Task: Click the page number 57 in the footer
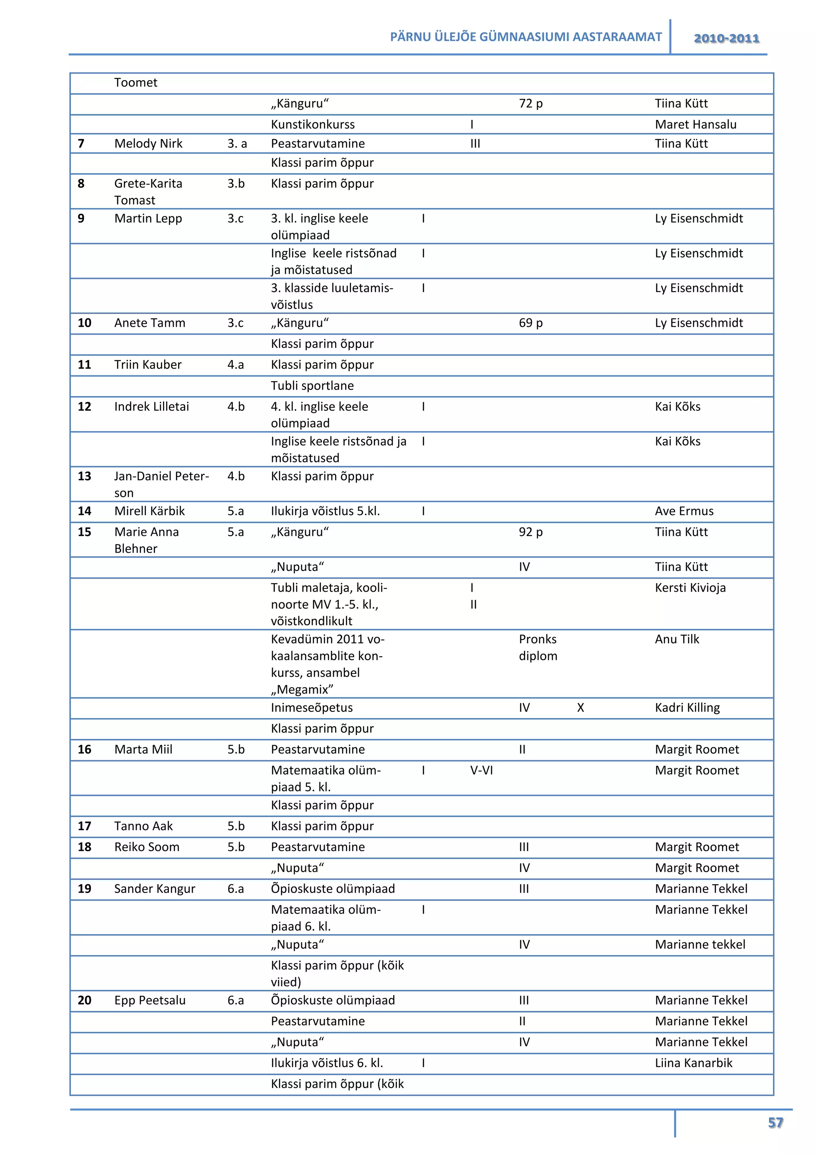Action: (x=775, y=1123)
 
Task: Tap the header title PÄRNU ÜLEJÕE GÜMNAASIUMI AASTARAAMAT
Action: (x=526, y=37)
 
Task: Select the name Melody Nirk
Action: (x=148, y=144)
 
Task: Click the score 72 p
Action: (x=531, y=104)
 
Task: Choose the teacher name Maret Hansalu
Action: (x=695, y=125)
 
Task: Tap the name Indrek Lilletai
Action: (x=151, y=406)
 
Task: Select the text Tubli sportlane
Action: (x=312, y=385)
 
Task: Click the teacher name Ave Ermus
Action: (x=684, y=511)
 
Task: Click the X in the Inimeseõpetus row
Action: (x=581, y=708)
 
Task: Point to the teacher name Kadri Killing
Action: (x=687, y=708)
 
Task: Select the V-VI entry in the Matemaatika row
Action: (x=481, y=771)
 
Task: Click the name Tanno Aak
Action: (x=143, y=826)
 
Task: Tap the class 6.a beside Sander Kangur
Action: (x=235, y=889)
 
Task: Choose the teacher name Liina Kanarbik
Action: (x=693, y=1063)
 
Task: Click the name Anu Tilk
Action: (x=677, y=639)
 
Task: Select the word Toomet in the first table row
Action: (x=135, y=82)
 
